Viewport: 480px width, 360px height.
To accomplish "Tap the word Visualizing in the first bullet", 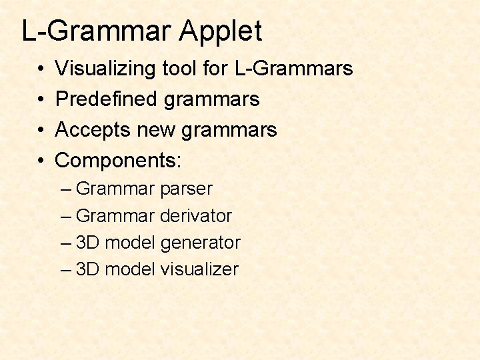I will pos(106,68).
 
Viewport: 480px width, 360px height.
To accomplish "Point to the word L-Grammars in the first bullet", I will pos(293,68).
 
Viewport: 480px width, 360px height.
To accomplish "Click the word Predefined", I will pos(107,99).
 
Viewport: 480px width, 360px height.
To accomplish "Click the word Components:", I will pos(119,160).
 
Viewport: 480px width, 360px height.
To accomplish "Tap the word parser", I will pos(186,189).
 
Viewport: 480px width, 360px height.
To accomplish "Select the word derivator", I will pos(196,216).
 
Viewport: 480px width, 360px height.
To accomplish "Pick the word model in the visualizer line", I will pos(130,269).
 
